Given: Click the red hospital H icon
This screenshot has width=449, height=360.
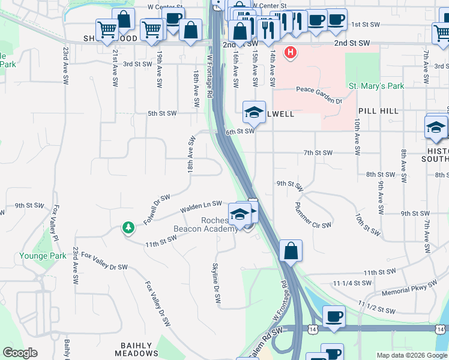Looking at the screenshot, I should click(291, 53).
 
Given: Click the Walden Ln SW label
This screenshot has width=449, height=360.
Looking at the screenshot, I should click(201, 207).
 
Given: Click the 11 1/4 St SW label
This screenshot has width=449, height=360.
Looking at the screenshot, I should click(358, 283).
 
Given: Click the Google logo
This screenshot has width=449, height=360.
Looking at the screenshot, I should click(20, 353).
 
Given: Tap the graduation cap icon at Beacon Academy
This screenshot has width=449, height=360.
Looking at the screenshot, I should click(239, 213).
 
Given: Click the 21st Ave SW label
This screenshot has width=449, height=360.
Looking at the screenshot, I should click(113, 67).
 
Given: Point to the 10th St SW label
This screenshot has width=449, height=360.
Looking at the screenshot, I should click(367, 223).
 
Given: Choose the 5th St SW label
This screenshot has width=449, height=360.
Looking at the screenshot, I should click(162, 113).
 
